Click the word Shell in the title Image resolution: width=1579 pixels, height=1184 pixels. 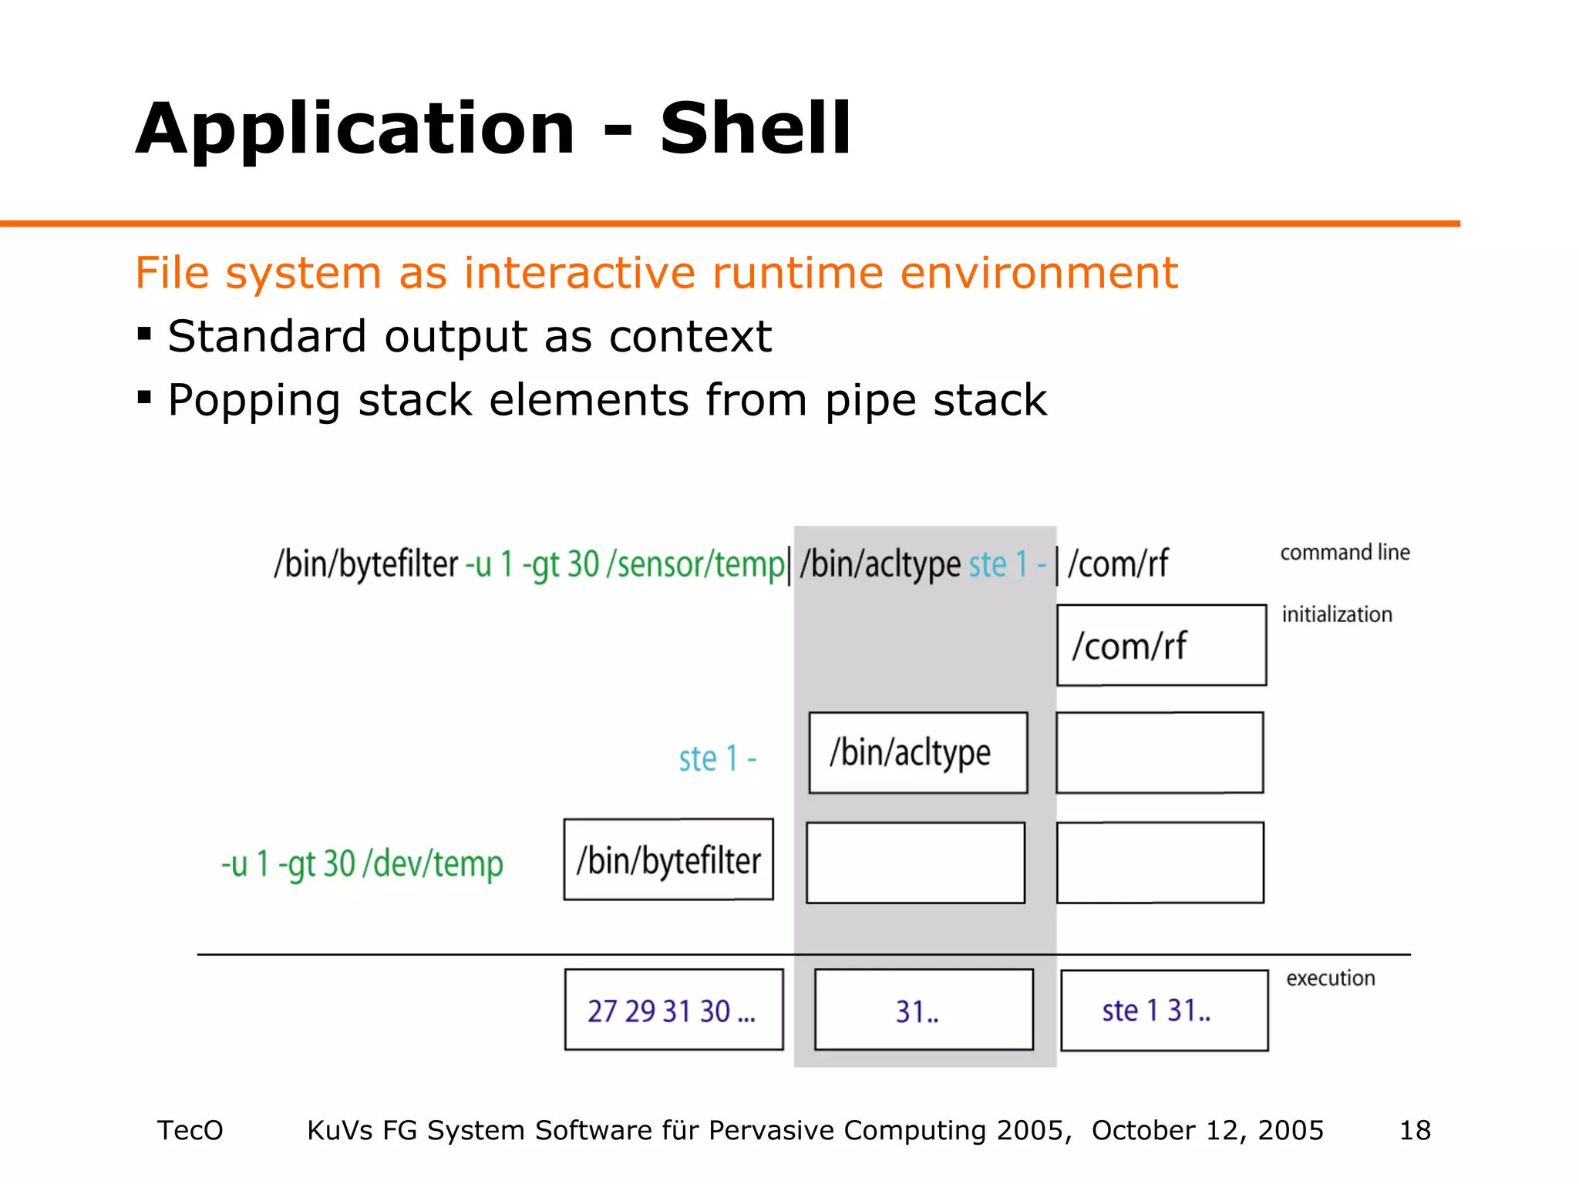(x=756, y=129)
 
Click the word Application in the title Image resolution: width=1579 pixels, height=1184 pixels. (x=355, y=129)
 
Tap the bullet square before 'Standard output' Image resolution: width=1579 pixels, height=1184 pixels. (x=144, y=334)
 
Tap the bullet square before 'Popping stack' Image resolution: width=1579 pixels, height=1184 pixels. (x=144, y=398)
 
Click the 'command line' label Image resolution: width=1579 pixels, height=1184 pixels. (x=1345, y=553)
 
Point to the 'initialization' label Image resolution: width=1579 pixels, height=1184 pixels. (x=1337, y=614)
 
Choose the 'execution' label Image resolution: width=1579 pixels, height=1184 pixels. (x=1331, y=978)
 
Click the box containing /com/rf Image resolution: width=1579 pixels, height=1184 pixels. (x=1161, y=645)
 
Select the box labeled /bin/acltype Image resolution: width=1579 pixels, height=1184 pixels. (x=917, y=752)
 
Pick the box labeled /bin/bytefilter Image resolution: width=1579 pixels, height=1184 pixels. (x=668, y=859)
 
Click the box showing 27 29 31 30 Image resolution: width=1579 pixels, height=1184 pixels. (x=673, y=1010)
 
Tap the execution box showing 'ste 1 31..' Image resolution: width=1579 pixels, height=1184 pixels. (x=1164, y=1010)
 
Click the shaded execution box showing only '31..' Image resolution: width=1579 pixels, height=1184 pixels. (x=923, y=1010)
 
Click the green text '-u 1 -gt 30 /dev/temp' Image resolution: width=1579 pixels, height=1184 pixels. (x=362, y=864)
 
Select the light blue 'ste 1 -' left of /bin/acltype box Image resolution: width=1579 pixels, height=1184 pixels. (x=717, y=759)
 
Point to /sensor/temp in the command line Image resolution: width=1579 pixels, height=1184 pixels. (x=695, y=564)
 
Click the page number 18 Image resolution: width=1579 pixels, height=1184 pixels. (x=1415, y=1130)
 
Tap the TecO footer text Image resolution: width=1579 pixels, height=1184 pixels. (x=190, y=1130)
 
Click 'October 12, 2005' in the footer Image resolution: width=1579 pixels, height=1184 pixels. (x=1207, y=1130)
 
